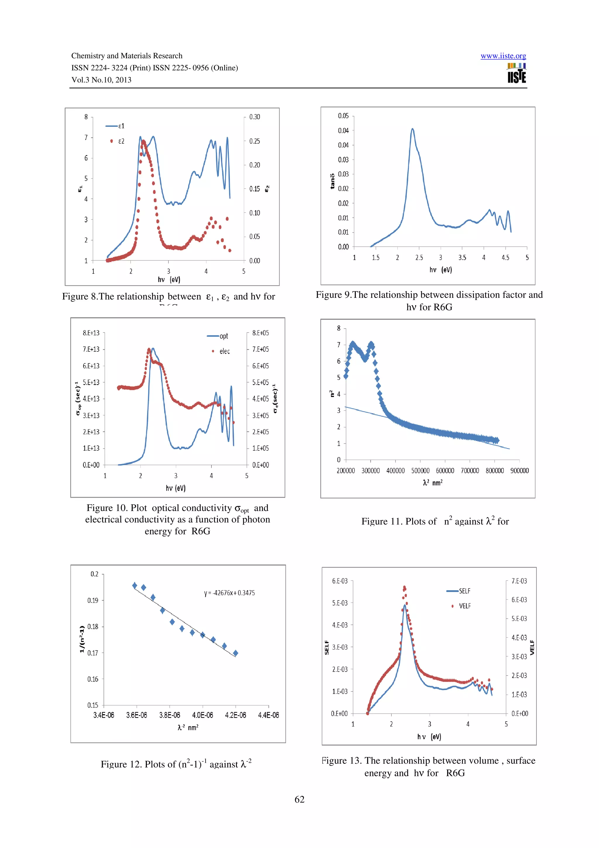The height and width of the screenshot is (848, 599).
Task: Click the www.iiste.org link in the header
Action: pyautogui.click(x=503, y=56)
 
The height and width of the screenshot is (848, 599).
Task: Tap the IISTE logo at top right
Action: pyautogui.click(x=516, y=73)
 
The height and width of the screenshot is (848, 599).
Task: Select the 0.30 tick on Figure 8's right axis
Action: pyautogui.click(x=254, y=117)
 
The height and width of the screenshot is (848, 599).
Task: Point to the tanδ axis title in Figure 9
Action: pyautogui.click(x=332, y=181)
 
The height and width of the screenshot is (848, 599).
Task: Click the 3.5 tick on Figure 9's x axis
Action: pyautogui.click(x=462, y=258)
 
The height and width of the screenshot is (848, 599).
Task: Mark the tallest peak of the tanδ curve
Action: pyautogui.click(x=412, y=129)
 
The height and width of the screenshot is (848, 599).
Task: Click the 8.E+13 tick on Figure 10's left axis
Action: pyautogui.click(x=91, y=333)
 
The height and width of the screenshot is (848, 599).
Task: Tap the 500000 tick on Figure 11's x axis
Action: pyautogui.click(x=420, y=471)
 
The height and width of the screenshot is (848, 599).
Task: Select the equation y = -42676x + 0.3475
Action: pyautogui.click(x=229, y=593)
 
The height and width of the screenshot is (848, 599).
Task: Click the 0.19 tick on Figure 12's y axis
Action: pyautogui.click(x=93, y=600)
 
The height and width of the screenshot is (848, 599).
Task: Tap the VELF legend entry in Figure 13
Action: pyautogui.click(x=461, y=606)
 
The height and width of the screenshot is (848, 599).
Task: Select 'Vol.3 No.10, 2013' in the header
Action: pyautogui.click(x=101, y=80)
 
